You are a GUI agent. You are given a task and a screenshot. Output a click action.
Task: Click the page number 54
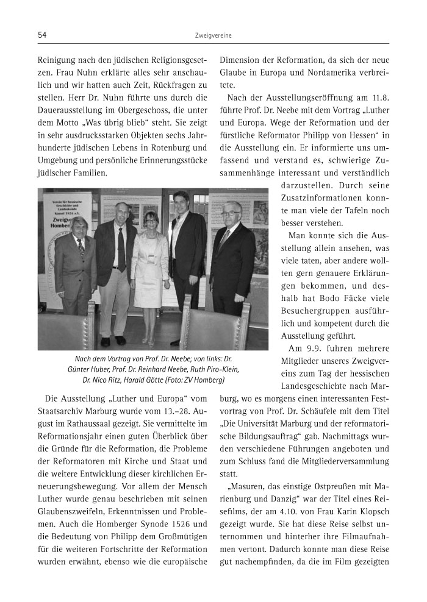pyautogui.click(x=42, y=35)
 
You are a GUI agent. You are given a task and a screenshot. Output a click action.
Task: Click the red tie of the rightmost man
pyautogui.click(x=225, y=241)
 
